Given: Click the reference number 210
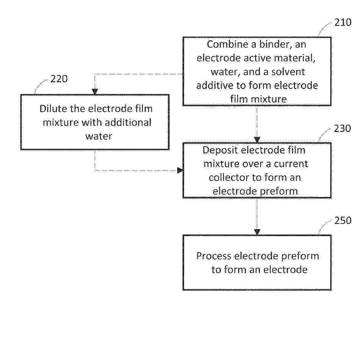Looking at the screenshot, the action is click(x=343, y=22).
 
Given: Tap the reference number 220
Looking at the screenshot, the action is click(x=59, y=79).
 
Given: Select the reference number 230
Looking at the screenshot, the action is click(x=342, y=128).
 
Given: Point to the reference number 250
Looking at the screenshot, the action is click(x=343, y=221).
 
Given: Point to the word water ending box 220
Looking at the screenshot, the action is click(x=99, y=136).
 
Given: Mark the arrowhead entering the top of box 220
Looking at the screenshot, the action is click(x=95, y=92).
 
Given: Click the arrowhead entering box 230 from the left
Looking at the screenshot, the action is click(x=180, y=171).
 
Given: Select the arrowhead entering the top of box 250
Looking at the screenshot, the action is click(x=257, y=232).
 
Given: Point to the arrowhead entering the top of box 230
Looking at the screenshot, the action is click(x=257, y=140).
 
